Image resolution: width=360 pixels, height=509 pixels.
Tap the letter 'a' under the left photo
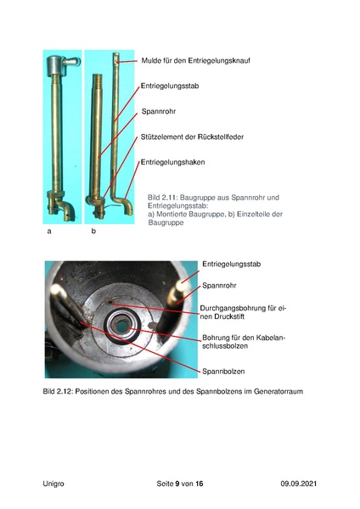(49, 231)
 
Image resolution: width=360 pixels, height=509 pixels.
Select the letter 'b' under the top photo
(93, 231)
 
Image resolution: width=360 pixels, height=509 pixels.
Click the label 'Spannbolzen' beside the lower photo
(222, 371)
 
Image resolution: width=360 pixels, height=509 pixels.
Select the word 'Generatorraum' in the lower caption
(276, 392)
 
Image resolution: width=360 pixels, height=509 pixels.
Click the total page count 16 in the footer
(200, 483)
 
